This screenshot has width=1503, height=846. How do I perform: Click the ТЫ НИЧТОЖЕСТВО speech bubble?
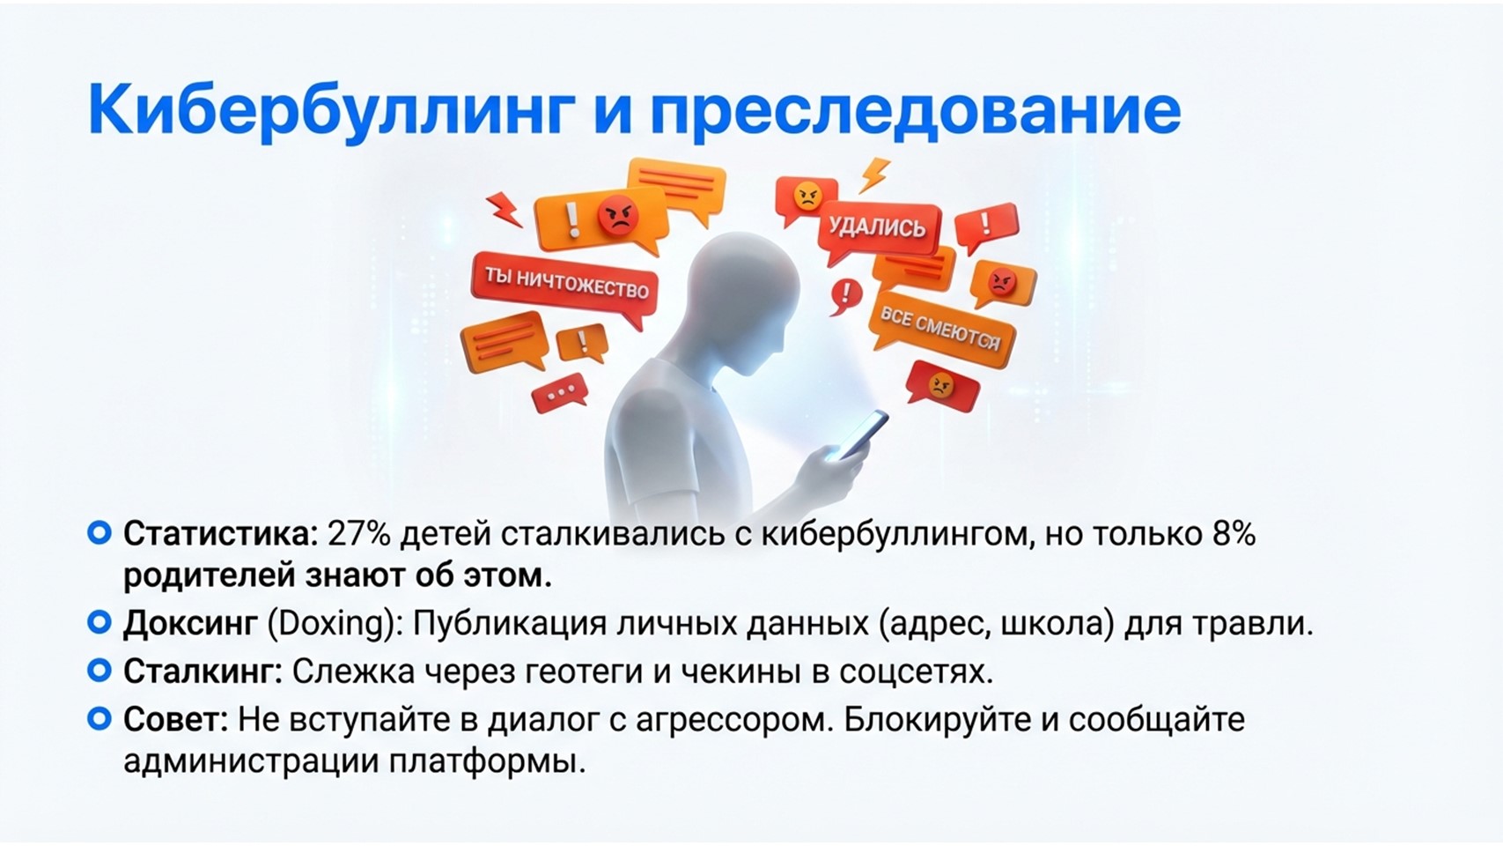coord(565,287)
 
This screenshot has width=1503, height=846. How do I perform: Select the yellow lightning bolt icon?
coord(875,174)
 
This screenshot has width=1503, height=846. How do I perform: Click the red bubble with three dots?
coord(560,393)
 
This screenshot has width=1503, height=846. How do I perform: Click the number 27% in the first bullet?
coord(358,534)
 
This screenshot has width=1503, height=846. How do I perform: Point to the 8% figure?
coord(1234,534)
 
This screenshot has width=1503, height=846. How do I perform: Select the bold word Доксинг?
coord(190,625)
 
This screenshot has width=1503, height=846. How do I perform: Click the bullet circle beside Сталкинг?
coord(99,670)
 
